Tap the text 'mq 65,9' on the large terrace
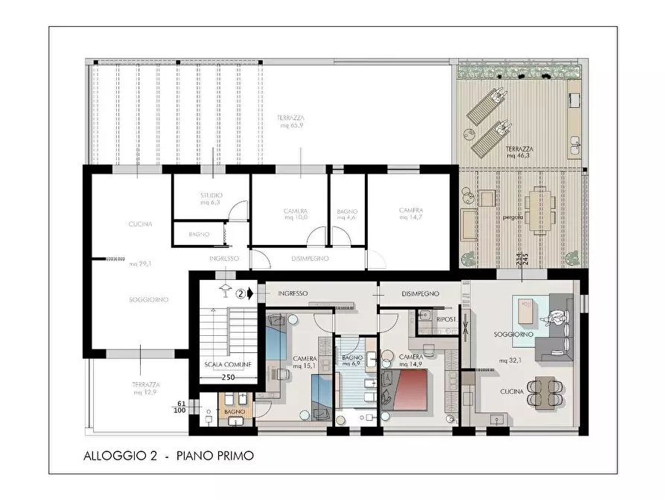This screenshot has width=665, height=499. [x=291, y=126]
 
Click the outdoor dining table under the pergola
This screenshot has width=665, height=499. [x=538, y=210]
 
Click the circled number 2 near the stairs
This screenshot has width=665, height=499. [x=241, y=293]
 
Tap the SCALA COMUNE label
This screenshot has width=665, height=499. [x=229, y=365]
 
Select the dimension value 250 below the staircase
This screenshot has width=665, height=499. [x=229, y=377]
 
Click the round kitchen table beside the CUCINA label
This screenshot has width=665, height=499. [x=547, y=392]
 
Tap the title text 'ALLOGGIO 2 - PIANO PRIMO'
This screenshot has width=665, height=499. [x=168, y=456]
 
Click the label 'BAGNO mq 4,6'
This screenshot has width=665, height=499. [x=347, y=214]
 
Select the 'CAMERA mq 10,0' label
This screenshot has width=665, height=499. [x=296, y=214]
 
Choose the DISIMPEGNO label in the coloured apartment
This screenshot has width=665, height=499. [x=420, y=293]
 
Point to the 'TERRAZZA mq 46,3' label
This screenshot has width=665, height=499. [x=519, y=152]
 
